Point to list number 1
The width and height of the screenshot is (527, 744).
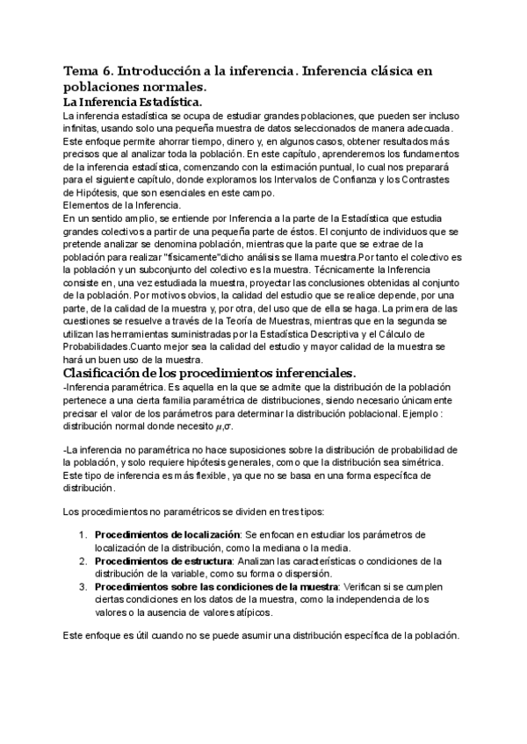pos(82,534)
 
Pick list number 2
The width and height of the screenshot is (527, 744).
pos(82,561)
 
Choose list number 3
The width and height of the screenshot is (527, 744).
pos(82,586)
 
